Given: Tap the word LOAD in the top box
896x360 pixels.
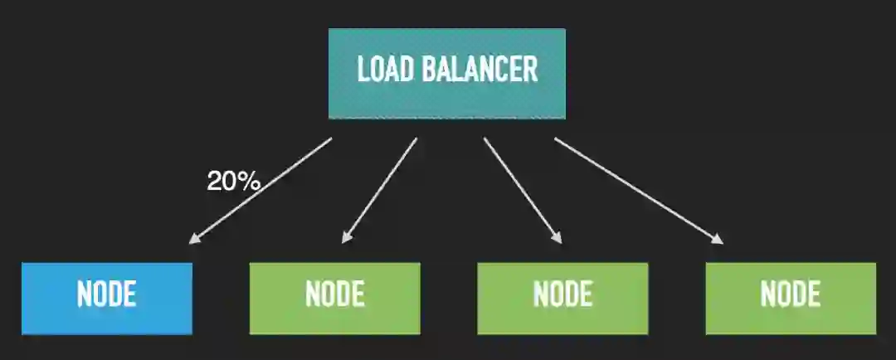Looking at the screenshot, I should point(384,70).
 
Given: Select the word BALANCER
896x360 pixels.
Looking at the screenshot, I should point(480,70).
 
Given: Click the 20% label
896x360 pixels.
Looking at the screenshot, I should point(233,182).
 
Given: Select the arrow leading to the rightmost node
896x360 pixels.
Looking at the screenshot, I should point(639,190).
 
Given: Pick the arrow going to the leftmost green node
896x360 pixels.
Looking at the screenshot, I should point(379,190).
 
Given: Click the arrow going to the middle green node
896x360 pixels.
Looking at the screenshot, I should point(523,190).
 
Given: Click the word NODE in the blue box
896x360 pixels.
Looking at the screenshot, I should point(106,295).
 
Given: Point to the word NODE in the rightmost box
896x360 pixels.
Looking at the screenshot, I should point(791,295).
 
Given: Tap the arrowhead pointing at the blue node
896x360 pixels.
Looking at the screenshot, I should point(193,240).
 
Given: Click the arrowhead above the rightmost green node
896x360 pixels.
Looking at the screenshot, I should point(718,240).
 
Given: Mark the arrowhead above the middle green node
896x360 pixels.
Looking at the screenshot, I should point(558,239).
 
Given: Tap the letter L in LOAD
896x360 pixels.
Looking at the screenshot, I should point(362,70).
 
